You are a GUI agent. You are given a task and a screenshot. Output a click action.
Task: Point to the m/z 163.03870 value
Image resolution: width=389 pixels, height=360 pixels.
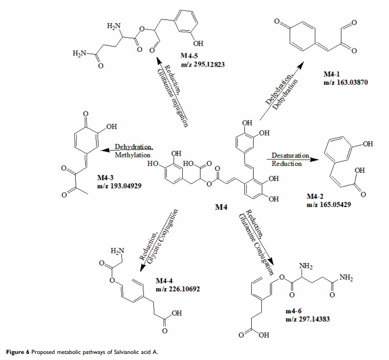coord(345,83)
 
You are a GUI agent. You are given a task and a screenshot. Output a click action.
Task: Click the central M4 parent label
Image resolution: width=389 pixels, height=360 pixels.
coord(222,208)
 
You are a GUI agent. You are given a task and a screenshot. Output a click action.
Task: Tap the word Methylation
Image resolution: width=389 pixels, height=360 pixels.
coord(132,155)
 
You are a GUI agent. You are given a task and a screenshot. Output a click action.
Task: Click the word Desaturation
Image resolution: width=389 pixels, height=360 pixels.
coord(290,155)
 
